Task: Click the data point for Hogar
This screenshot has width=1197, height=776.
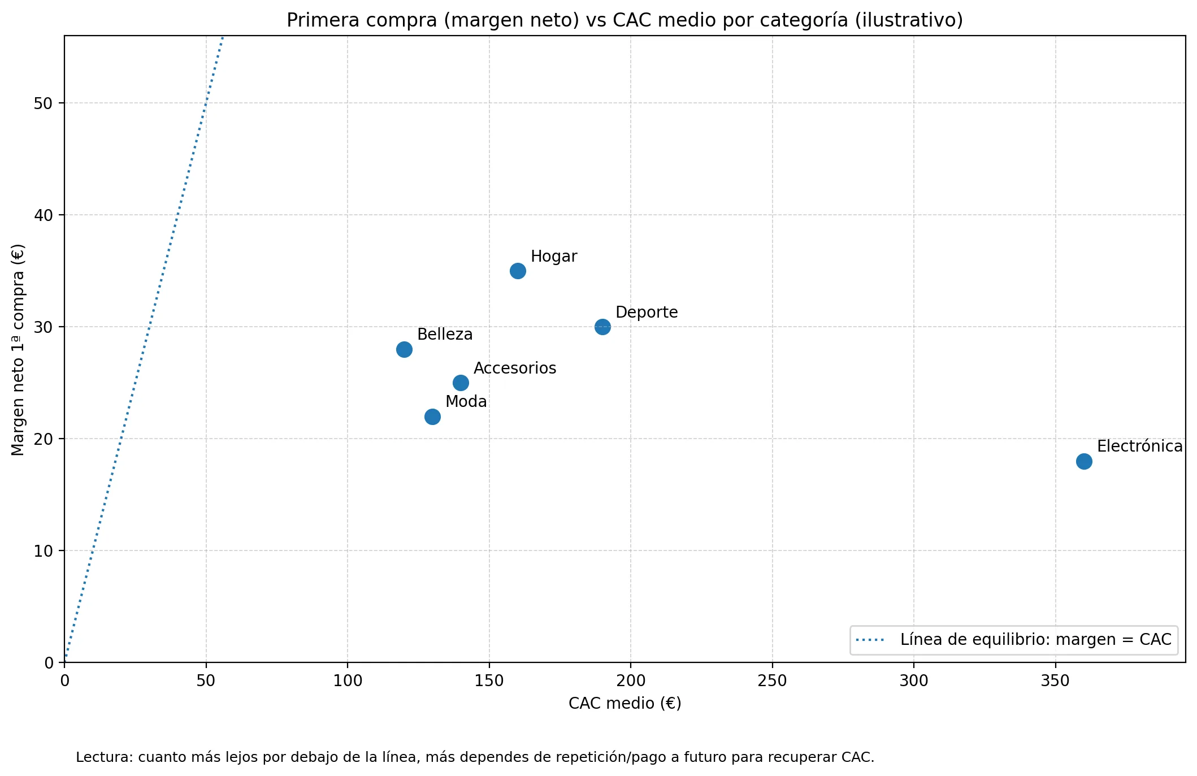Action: pyautogui.click(x=518, y=271)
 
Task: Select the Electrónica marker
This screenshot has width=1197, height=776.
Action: pyautogui.click(x=1083, y=461)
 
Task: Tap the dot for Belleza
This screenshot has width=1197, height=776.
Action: pyautogui.click(x=404, y=349)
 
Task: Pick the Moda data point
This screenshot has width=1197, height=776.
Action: pyautogui.click(x=432, y=417)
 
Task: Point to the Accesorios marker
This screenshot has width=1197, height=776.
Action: pyautogui.click(x=461, y=383)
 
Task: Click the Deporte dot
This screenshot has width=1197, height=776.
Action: pyautogui.click(x=602, y=327)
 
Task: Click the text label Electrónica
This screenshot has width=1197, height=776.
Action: pyautogui.click(x=1139, y=446)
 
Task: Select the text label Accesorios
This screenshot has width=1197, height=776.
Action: pyautogui.click(x=514, y=369)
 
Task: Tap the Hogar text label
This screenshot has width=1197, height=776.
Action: pyautogui.click(x=553, y=257)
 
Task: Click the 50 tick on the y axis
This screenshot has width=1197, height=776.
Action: pyautogui.click(x=43, y=103)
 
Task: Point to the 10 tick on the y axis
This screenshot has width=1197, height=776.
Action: pyautogui.click(x=43, y=551)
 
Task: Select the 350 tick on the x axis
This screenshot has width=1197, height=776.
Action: pyautogui.click(x=1055, y=681)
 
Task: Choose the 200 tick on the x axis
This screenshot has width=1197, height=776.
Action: pyautogui.click(x=630, y=681)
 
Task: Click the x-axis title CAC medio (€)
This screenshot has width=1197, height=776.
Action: pyautogui.click(x=624, y=704)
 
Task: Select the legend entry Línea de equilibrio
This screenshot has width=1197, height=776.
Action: pyautogui.click(x=1035, y=640)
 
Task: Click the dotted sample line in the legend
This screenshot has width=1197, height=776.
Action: pyautogui.click(x=870, y=640)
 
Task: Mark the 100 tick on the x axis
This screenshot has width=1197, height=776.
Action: pyautogui.click(x=347, y=681)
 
